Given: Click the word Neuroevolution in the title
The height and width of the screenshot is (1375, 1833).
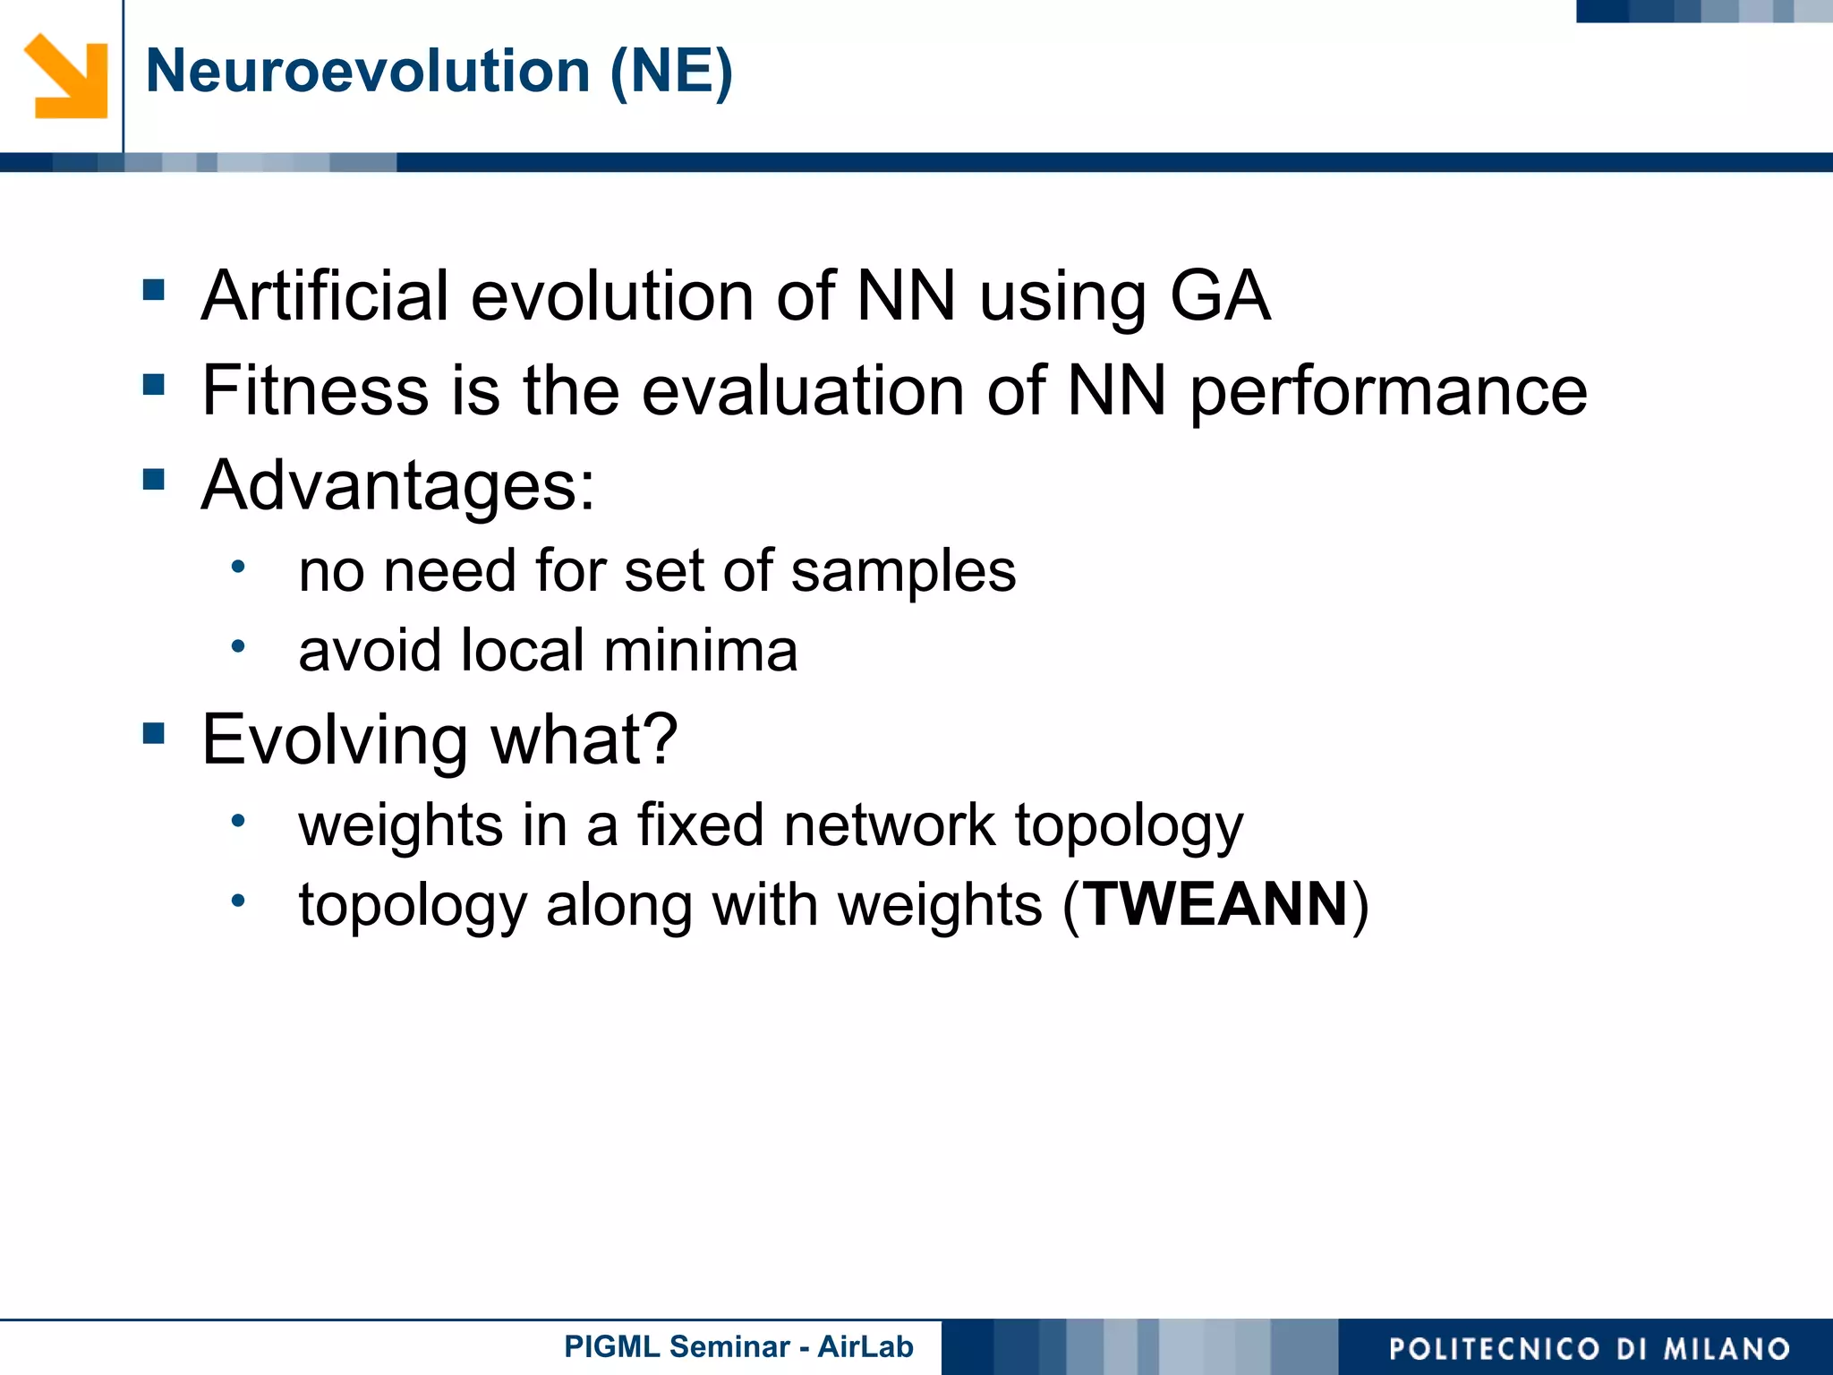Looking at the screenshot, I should pos(367,71).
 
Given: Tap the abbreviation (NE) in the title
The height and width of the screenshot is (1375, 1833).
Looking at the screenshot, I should pos(670,71).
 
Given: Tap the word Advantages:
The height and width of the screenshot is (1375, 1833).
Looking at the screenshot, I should pos(398,485).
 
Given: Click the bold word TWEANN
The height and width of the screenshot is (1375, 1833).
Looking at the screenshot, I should pos(1216,904).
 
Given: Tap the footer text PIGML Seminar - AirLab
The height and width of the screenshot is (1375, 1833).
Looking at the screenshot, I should pos(738,1346).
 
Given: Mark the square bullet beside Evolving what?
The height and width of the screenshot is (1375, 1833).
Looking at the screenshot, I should pos(154,734).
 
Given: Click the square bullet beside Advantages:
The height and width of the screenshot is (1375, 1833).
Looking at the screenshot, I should pos(154,480).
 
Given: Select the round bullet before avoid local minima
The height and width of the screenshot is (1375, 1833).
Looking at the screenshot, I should pos(237,645).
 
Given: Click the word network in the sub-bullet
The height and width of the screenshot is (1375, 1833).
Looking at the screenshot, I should pos(889,824).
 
